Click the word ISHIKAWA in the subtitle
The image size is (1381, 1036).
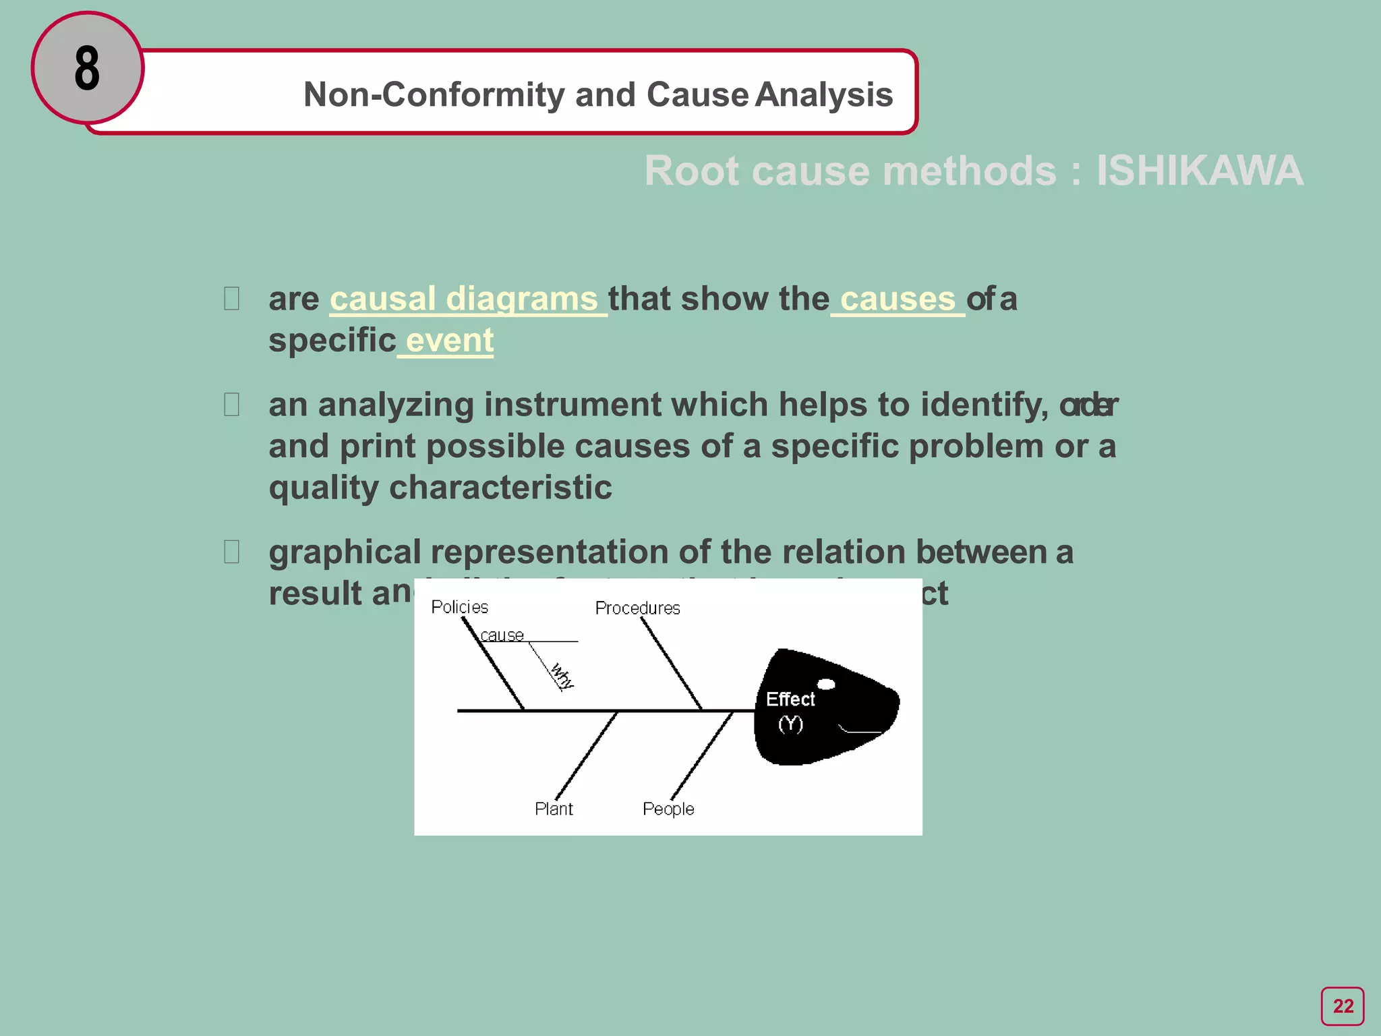1199,171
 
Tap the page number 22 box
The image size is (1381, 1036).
1342,1006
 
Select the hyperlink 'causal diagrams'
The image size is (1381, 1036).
464,299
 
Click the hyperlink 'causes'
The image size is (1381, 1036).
898,299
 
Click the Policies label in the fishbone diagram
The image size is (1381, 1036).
459,607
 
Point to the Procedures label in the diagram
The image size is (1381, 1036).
637,608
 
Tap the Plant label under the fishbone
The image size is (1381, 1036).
554,809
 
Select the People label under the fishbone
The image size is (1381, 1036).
668,809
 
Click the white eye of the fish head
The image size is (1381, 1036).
826,684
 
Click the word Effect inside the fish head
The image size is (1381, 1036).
790,699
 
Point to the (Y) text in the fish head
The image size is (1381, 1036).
790,724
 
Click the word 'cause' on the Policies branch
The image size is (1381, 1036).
502,635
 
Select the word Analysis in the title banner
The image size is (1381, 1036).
824,94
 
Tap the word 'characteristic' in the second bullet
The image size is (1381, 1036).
500,487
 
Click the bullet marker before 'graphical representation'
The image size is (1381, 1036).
231,552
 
